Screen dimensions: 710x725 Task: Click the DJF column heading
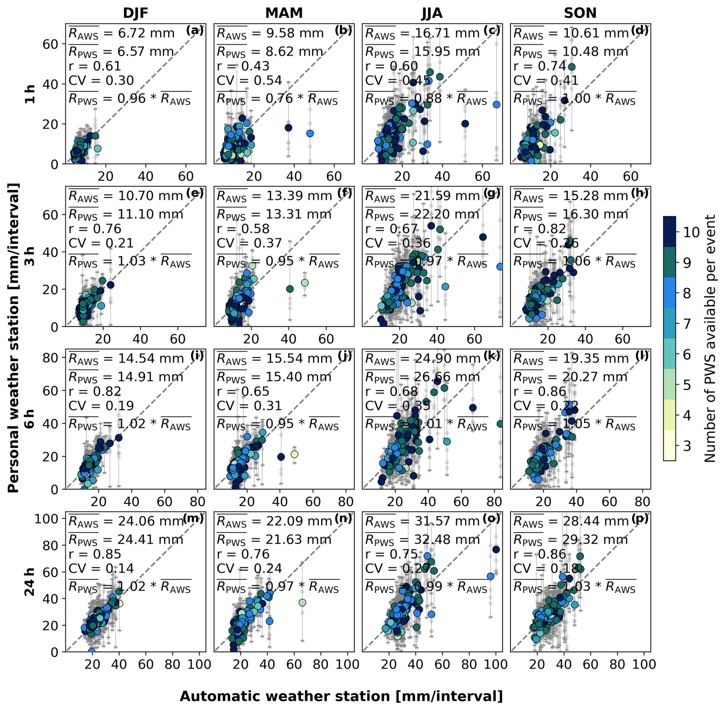point(135,13)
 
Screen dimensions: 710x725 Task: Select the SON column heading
point(580,13)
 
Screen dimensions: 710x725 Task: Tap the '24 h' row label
point(30,581)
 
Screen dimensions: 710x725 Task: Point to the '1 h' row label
point(30,94)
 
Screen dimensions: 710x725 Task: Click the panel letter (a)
point(195,30)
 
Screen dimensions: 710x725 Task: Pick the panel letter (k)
point(492,356)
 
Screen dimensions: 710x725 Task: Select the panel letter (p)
point(640,518)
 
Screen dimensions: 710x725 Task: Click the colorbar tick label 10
point(691,232)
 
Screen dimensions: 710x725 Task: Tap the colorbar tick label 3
point(687,446)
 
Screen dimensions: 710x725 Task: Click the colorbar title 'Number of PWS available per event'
point(710,338)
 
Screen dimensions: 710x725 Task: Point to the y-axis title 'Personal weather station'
point(13,338)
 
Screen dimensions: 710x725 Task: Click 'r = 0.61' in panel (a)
point(95,66)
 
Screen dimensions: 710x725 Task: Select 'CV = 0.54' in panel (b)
point(249,81)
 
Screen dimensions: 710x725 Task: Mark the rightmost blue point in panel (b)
point(310,133)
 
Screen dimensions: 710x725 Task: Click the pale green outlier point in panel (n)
point(302,602)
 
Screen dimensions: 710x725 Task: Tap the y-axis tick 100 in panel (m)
point(46,519)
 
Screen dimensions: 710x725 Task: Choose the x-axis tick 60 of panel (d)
point(630,176)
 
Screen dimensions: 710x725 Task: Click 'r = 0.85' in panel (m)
point(95,554)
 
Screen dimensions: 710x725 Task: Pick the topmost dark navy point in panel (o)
point(496,549)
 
